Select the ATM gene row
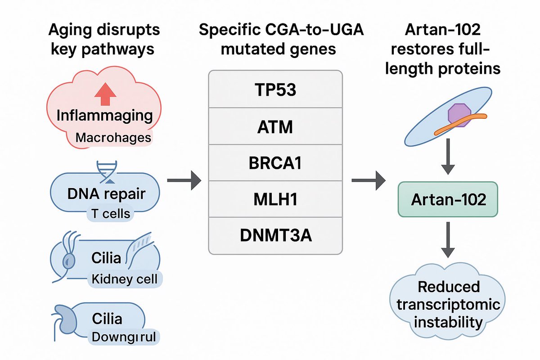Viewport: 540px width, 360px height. (x=276, y=127)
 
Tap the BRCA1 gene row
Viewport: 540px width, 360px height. (x=276, y=163)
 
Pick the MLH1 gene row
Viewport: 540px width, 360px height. (x=276, y=198)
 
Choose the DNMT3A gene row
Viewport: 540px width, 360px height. (x=276, y=234)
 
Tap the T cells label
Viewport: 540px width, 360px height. (x=109, y=213)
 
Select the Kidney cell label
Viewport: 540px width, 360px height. (x=124, y=279)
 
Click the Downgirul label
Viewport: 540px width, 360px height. (x=120, y=337)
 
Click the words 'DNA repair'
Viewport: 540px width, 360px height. (x=106, y=194)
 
